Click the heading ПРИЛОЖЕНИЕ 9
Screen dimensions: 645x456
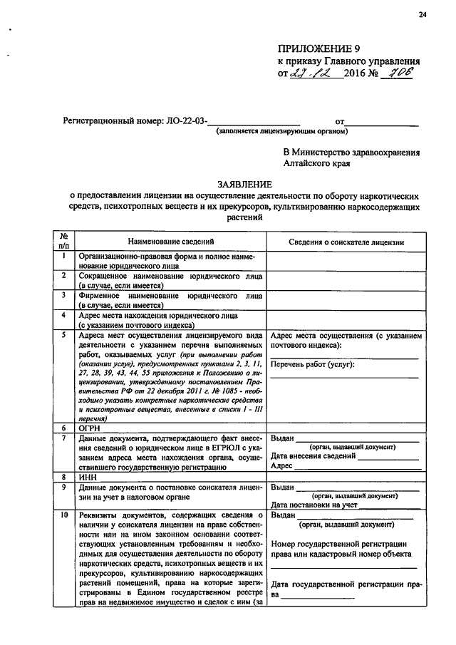(x=316, y=49)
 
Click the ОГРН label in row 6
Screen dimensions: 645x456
(x=90, y=428)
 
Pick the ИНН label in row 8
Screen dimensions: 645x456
(x=88, y=477)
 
